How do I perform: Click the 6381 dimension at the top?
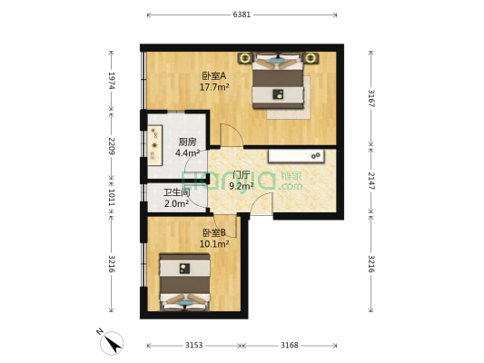coord(242,15)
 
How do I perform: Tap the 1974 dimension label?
coord(112,81)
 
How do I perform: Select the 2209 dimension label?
coord(112,146)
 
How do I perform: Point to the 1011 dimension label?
coord(112,197)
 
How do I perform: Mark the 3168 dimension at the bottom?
coord(290,346)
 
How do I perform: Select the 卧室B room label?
coord(214,232)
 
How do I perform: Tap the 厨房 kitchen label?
coord(187,142)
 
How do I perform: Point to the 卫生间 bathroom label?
coord(176,192)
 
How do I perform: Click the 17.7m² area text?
coord(214,88)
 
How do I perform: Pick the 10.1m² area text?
coord(215,243)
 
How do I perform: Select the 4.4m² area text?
coord(187,152)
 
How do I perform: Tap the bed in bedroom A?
coord(281,82)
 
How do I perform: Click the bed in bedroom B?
coord(185,282)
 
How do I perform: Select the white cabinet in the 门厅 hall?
coord(295,156)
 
